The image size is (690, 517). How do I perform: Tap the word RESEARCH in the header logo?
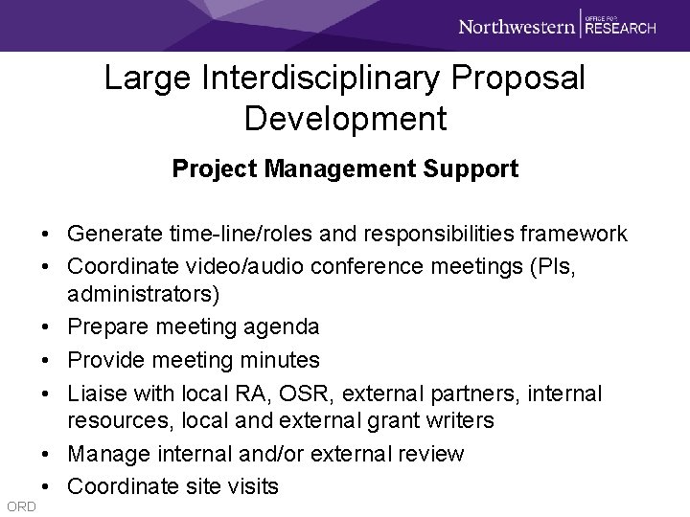coord(621,29)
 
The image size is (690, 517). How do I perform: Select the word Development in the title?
coord(345,119)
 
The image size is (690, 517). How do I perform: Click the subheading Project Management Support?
coord(345,169)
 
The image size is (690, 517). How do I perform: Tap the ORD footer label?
coord(19,506)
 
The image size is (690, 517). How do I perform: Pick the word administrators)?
coord(128,296)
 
